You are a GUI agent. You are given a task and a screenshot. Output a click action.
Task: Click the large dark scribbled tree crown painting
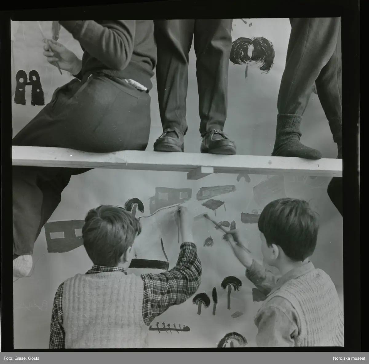pos(252,53)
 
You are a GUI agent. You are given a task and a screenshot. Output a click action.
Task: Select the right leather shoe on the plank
pos(218,142)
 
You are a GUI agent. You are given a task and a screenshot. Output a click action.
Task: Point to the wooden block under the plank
pos(200,173)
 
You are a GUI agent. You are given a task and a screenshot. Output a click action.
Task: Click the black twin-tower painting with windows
pos(29,88)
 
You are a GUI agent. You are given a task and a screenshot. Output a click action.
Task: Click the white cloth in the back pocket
pos(137,85)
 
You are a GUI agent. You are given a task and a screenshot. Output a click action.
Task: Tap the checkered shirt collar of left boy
pos(106,270)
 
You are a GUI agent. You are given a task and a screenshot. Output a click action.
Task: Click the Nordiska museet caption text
pos(349,358)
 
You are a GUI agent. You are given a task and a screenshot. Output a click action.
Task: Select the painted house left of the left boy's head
pos(64,236)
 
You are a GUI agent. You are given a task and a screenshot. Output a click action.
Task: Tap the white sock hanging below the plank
pos(22,266)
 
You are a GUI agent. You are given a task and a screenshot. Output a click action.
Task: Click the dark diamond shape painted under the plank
pos(213,204)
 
